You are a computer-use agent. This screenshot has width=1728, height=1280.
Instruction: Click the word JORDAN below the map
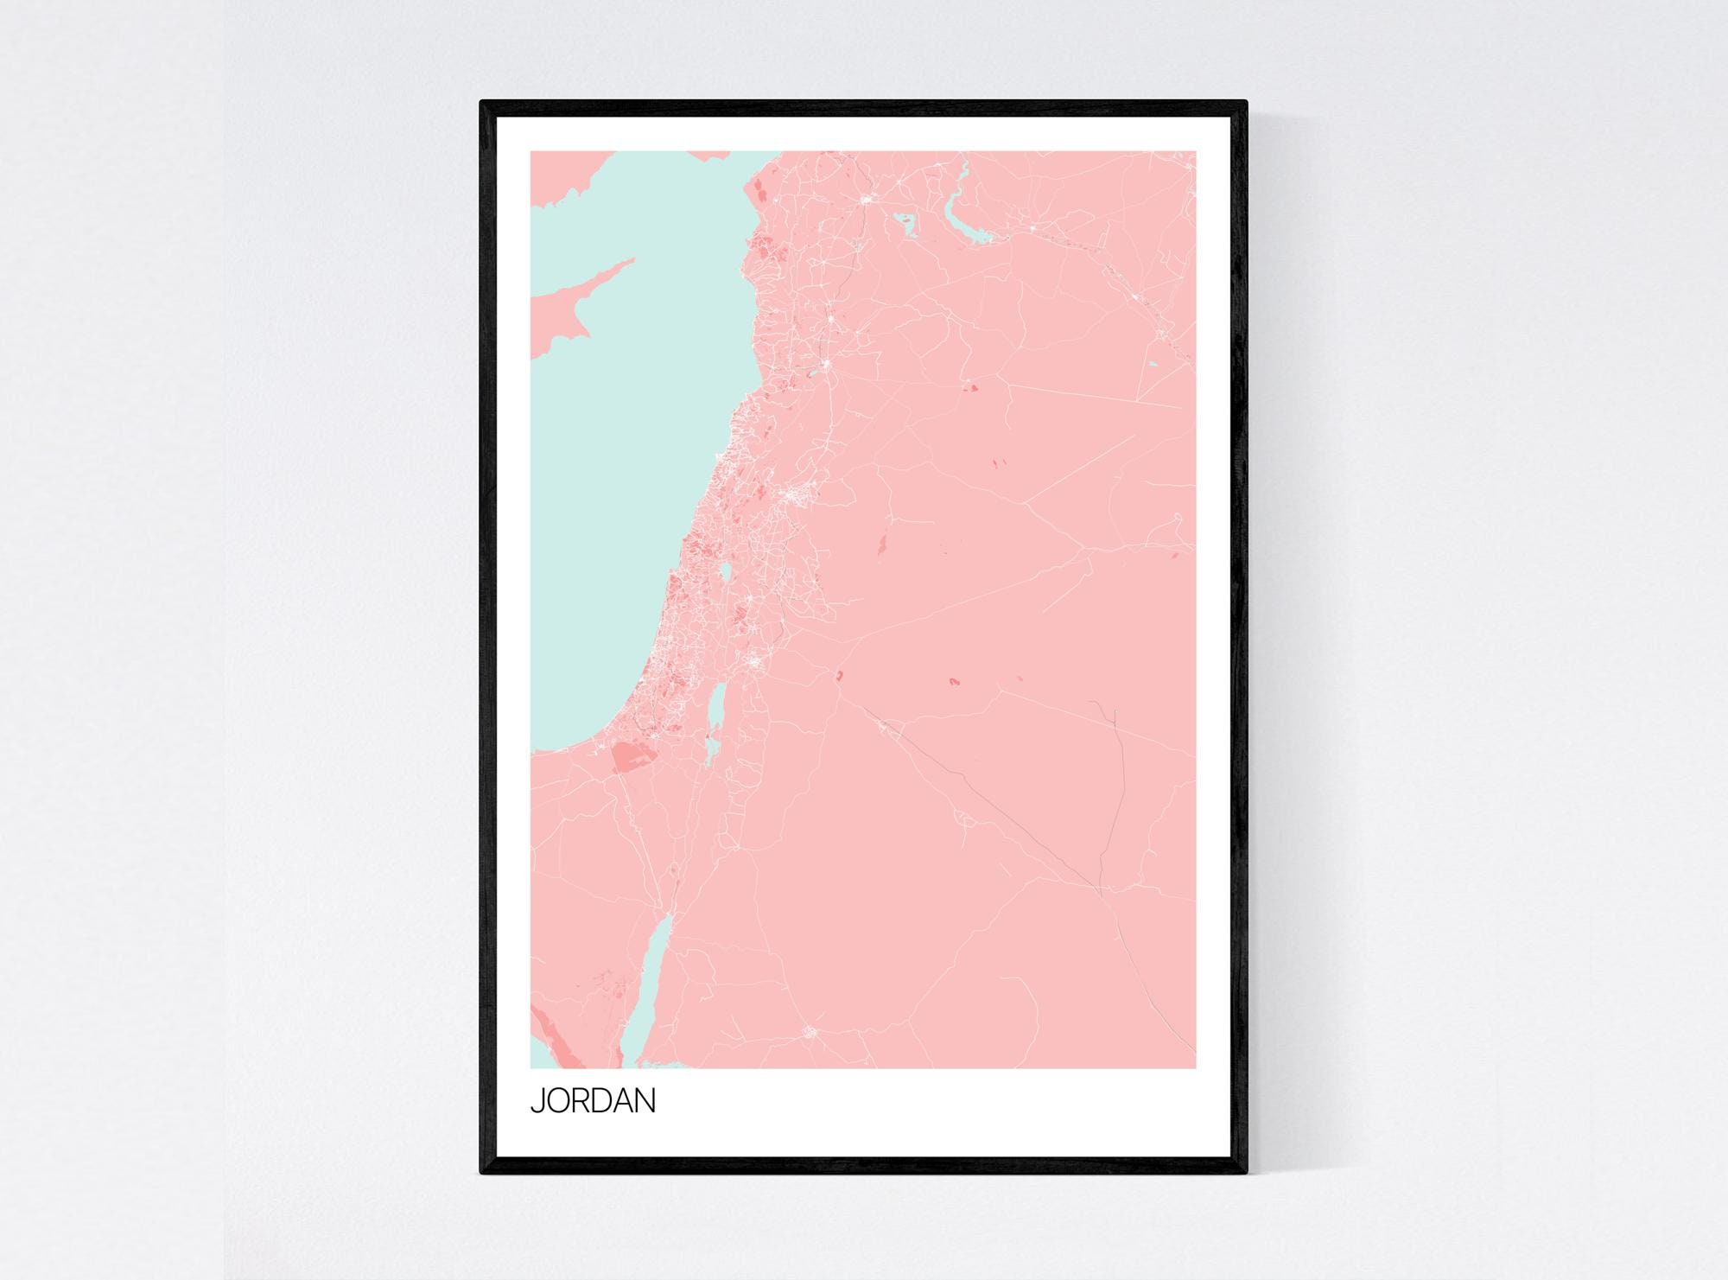[593, 1101]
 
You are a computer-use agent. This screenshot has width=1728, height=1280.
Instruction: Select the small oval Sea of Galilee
[726, 573]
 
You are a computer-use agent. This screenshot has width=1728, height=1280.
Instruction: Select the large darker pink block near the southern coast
[632, 757]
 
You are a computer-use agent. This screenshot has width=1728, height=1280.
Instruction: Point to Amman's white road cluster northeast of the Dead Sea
[755, 662]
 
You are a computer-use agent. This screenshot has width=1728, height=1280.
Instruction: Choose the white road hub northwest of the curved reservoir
[865, 201]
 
